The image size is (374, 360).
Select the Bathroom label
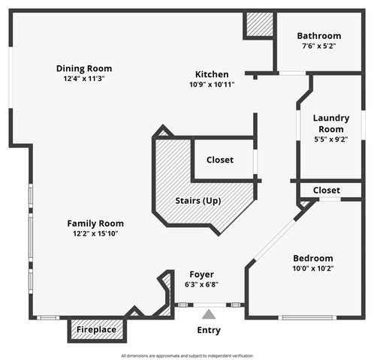[318, 35]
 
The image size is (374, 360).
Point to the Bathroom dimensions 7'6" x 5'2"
[318, 46]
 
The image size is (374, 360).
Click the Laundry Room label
[331, 123]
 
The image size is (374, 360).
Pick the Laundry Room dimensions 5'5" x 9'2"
[331, 138]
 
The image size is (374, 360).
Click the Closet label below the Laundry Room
[326, 190]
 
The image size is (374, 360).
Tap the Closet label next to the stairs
[219, 160]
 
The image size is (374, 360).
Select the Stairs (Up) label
[198, 201]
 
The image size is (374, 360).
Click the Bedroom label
[312, 258]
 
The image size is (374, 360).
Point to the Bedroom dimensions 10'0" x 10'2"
[312, 268]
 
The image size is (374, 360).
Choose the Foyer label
[201, 274]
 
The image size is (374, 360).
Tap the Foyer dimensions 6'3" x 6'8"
[201, 285]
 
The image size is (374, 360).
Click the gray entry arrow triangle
[208, 315]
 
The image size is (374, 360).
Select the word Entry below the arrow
[209, 330]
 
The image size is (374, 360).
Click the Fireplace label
[96, 329]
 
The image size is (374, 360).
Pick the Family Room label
[95, 223]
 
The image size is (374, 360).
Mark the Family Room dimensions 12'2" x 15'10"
[95, 233]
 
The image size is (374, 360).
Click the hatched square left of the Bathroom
[259, 25]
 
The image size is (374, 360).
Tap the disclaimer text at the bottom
[187, 355]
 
